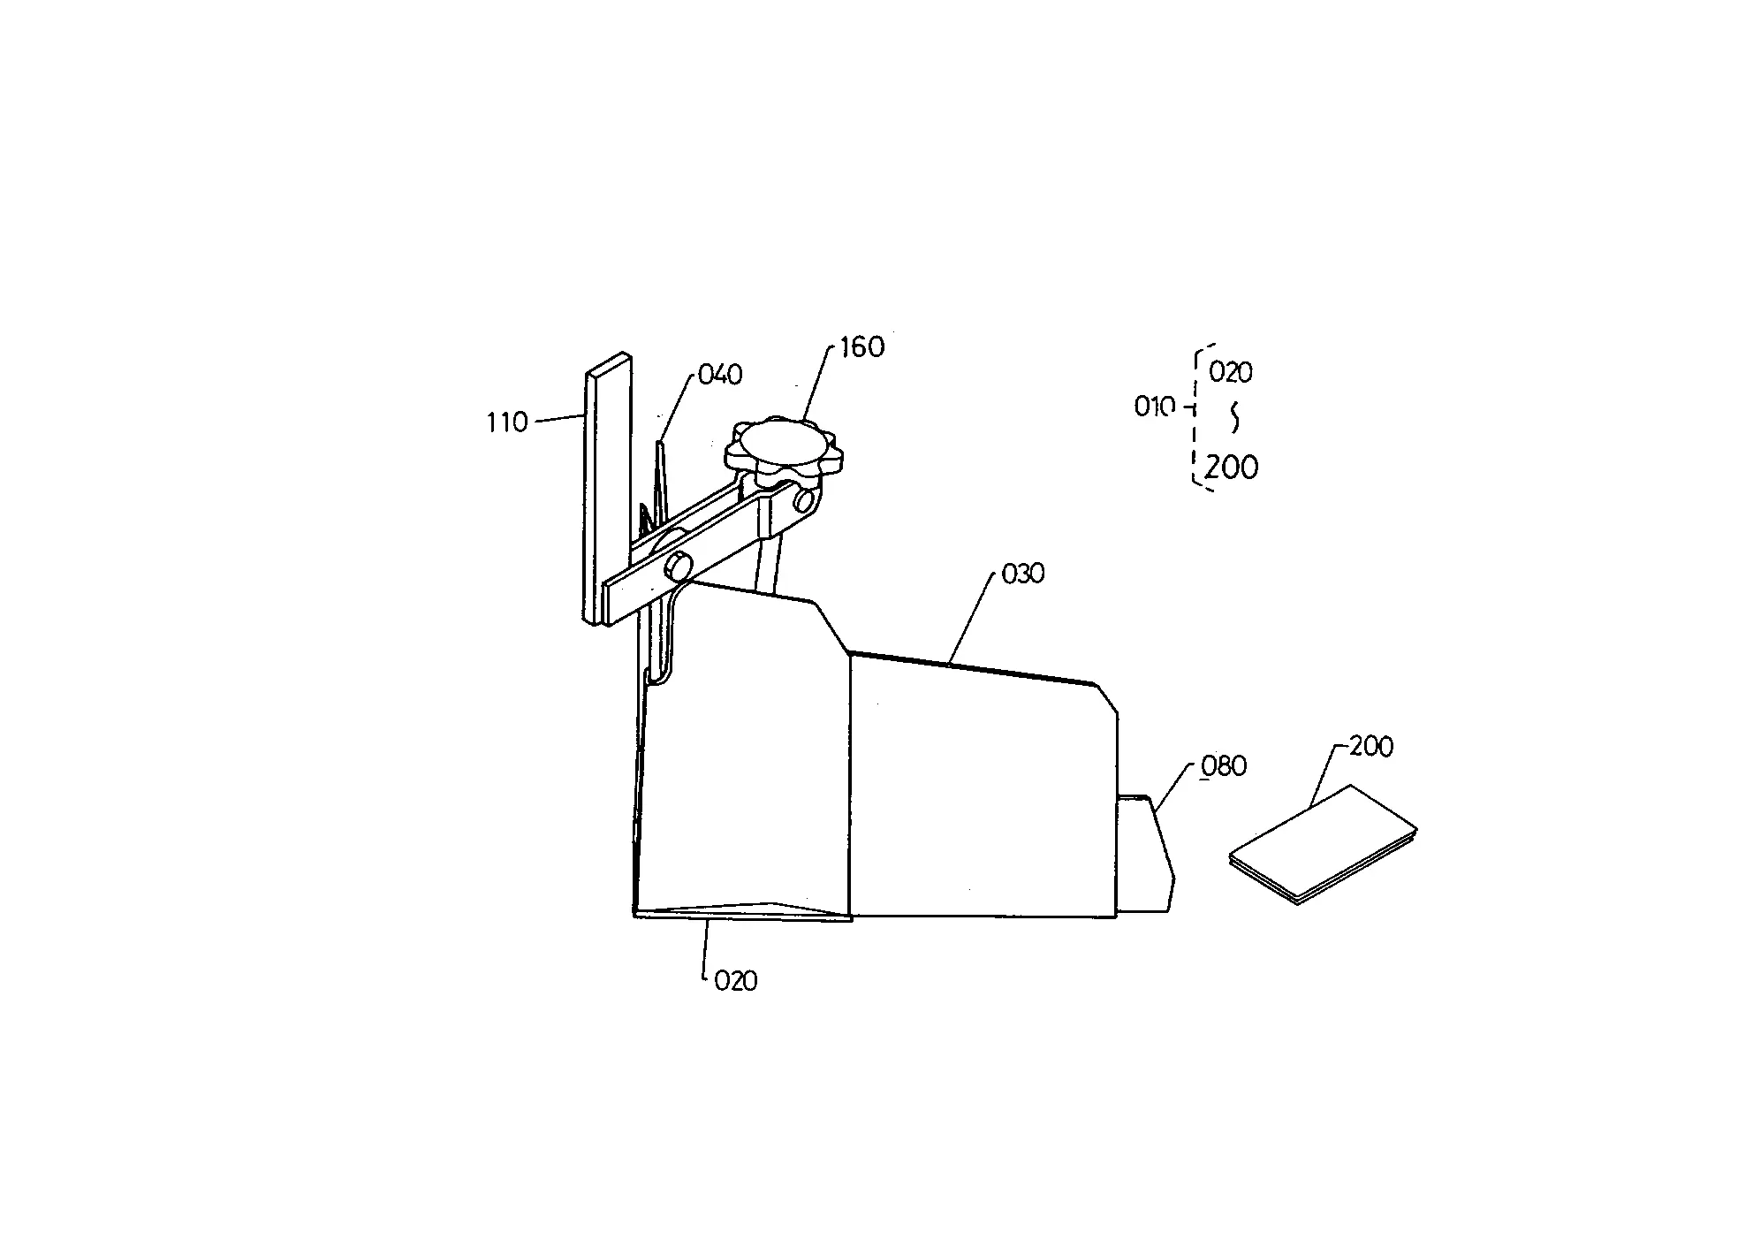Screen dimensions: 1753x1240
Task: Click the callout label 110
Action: click(506, 422)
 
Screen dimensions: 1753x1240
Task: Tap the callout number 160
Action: click(861, 346)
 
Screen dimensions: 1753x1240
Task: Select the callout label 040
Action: click(720, 375)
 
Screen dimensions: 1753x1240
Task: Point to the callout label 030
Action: click(1023, 574)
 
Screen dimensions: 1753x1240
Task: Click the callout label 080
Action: click(1224, 765)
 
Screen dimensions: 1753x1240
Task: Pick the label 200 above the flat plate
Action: click(1371, 746)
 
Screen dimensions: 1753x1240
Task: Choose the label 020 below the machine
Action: click(736, 981)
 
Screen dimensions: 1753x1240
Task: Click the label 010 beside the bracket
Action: click(1155, 407)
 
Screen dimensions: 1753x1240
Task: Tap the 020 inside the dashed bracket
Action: click(1231, 373)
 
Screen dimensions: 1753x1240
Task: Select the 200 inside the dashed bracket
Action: click(1232, 467)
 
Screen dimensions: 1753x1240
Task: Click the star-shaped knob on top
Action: click(782, 450)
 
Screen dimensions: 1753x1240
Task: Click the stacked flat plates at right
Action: click(1324, 844)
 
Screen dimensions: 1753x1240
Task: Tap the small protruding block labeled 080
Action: click(1146, 854)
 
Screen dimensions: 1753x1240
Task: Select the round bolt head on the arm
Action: click(681, 565)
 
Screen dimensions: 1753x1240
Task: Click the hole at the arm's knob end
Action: click(803, 501)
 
